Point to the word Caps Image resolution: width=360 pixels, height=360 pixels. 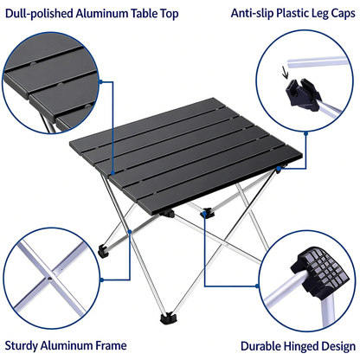click(338, 14)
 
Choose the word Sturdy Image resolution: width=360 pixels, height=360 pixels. click(26, 344)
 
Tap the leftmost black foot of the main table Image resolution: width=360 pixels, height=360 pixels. click(103, 252)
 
